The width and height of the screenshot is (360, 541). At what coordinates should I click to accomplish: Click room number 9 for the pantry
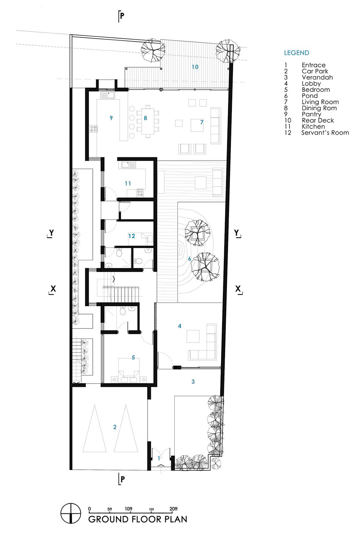(111, 118)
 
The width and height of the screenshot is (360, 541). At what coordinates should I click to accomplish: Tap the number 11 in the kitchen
(128, 184)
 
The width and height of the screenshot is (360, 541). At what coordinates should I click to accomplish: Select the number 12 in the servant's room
(132, 236)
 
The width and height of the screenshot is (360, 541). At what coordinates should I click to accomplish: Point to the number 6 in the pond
(189, 259)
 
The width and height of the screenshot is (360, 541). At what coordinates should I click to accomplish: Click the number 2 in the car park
(115, 427)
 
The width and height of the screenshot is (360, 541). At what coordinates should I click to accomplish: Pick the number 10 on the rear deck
(195, 67)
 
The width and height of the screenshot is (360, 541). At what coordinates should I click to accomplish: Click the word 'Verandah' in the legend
(317, 77)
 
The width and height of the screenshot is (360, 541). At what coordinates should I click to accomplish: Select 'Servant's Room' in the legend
(325, 133)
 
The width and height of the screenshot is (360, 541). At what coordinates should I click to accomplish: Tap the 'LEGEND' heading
(297, 53)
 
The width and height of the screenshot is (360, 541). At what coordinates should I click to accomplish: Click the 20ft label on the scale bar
(174, 509)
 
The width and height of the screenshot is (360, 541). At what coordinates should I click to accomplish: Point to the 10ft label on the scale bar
(129, 509)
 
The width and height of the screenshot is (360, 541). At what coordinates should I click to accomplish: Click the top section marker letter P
(122, 16)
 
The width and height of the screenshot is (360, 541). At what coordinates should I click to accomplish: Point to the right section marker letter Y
(237, 233)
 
